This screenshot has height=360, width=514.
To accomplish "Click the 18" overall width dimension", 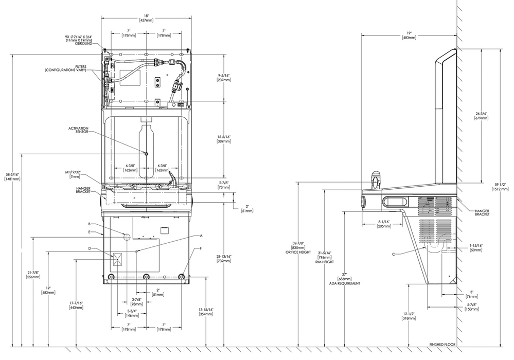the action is tap(146, 18).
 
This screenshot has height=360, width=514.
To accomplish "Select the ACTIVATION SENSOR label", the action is tap(78, 130).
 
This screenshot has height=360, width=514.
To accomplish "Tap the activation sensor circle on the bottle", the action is tap(146, 154).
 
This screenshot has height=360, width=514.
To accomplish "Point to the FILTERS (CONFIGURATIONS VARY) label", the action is tap(65, 68).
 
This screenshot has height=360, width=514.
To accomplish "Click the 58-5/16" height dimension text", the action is tap(12, 176).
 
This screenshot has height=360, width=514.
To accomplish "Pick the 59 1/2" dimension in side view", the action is tap(500, 187).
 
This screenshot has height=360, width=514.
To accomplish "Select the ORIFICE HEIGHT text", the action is tap(298, 252).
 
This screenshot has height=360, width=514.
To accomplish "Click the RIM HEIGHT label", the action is tap(325, 262).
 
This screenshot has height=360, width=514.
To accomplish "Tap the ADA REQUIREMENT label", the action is tap(344, 283).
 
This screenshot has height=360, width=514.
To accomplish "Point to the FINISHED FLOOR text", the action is tap(442, 345).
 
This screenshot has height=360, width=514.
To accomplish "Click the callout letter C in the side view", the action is tap(394, 254).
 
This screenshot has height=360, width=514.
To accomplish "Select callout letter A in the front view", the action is tap(201, 236).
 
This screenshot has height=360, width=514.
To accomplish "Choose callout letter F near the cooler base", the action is tap(201, 248).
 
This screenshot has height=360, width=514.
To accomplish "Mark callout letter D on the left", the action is tap(90, 248).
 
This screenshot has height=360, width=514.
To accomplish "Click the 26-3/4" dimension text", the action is tap(482, 116).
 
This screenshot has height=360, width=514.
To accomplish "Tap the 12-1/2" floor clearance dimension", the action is tap(409, 316).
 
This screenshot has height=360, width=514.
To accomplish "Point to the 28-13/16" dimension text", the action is tap(224, 259).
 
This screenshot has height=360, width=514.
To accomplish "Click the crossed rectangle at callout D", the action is tap(117, 259).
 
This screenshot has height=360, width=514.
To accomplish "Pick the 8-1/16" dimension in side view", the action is tap(383, 224).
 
